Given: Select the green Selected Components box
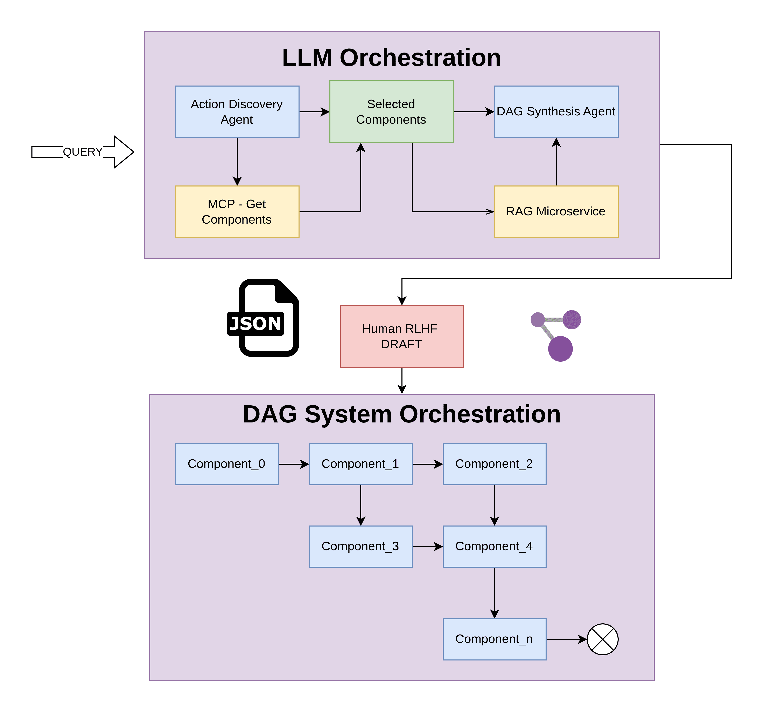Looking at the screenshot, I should pyautogui.click(x=391, y=112).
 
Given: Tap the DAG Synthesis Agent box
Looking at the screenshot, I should pyautogui.click(x=556, y=112).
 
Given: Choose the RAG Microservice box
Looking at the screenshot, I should pyautogui.click(x=556, y=211).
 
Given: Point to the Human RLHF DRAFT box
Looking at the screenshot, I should pyautogui.click(x=401, y=336).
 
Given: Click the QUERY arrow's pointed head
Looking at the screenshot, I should pyautogui.click(x=125, y=152).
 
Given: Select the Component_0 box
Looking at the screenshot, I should pyautogui.click(x=227, y=464).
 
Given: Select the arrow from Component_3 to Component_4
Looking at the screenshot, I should pyautogui.click(x=427, y=546).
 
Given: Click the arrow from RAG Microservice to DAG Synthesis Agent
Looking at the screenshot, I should pyautogui.click(x=556, y=162).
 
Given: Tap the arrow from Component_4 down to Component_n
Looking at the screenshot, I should pyautogui.click(x=495, y=592).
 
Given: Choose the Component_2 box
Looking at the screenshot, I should pyautogui.click(x=494, y=464).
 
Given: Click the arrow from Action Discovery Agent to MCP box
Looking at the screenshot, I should pyautogui.click(x=237, y=162).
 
